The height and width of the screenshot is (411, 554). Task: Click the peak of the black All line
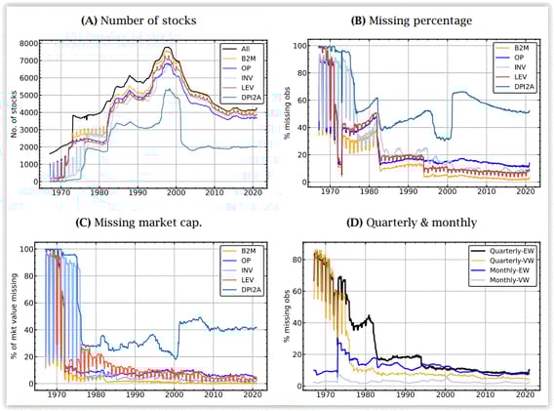point(168,48)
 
